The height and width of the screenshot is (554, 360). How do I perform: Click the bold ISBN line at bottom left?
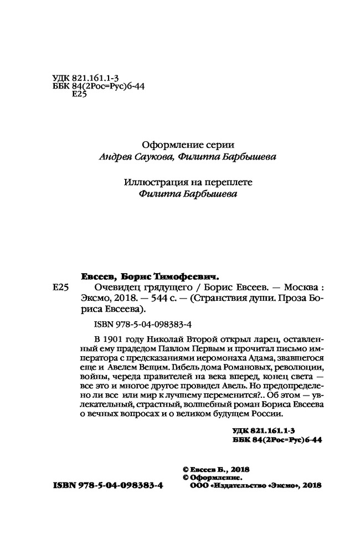[x=107, y=484]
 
